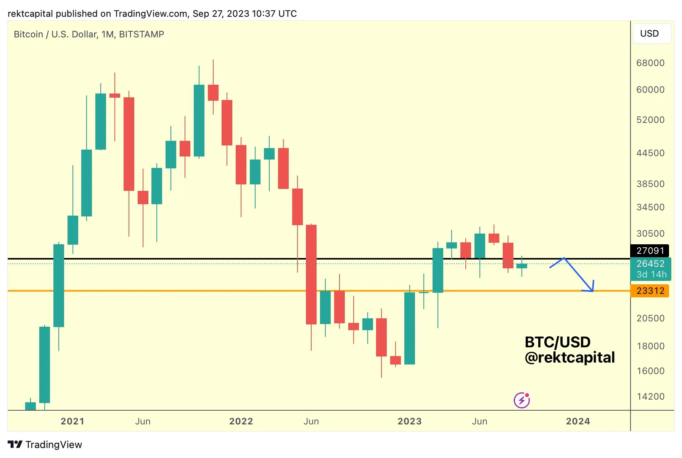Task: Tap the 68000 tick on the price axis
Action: coord(650,63)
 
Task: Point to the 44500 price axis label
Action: coord(650,153)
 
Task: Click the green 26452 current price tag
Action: coord(650,264)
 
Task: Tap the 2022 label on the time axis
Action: coord(241,421)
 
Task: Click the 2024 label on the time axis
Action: coord(577,421)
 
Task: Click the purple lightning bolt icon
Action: coord(521,400)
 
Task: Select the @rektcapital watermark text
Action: coord(569,358)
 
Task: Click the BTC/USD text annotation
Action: coord(557,342)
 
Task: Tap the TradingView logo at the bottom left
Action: coord(45,445)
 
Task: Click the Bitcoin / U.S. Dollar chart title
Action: coord(88,34)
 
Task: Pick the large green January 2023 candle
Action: coord(410,328)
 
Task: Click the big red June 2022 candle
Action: coord(311,275)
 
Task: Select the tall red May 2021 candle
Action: coord(129,144)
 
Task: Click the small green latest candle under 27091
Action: coord(521,266)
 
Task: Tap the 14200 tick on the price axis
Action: coord(650,397)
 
